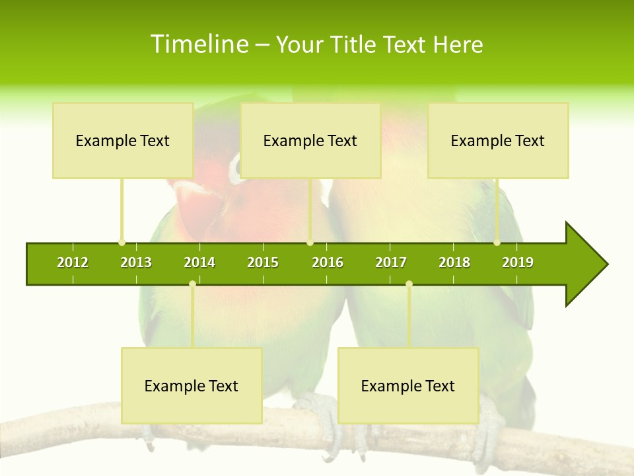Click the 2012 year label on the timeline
tap(73, 262)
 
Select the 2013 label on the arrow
tap(136, 262)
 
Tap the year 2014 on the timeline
tap(199, 262)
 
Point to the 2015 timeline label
tap(263, 262)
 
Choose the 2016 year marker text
tap(328, 262)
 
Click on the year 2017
tap(391, 262)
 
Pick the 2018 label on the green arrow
tap(454, 262)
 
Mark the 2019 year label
tap(518, 262)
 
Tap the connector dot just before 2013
tap(122, 242)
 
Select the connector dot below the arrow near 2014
tap(192, 284)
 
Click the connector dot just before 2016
tap(310, 242)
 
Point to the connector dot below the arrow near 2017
tap(409, 284)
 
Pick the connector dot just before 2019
tap(497, 242)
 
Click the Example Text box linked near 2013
tap(123, 140)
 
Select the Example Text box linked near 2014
tap(192, 385)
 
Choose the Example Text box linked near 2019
tap(498, 140)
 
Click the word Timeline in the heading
tap(199, 44)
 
